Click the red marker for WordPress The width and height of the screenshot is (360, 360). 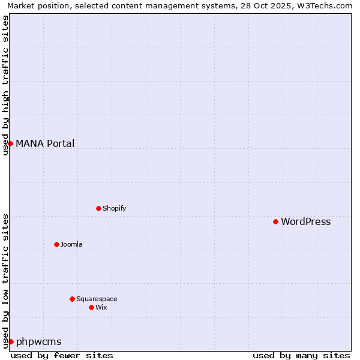point(275,221)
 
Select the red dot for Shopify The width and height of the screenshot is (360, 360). point(98,208)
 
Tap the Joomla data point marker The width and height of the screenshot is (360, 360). point(56,244)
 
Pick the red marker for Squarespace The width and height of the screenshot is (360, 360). point(72,299)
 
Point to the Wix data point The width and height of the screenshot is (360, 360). point(91,307)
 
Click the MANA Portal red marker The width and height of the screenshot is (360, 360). point(10,143)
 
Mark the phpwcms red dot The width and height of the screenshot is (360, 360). point(10,341)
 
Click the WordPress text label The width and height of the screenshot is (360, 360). point(305,222)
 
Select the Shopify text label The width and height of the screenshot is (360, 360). point(114,209)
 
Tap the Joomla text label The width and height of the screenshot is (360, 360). point(71,245)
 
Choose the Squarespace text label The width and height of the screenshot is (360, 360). point(97,299)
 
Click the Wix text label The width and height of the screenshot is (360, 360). point(101,308)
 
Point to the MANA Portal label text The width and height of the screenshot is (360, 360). point(45,144)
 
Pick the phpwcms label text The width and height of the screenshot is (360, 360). point(38,342)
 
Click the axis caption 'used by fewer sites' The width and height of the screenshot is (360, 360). point(62,356)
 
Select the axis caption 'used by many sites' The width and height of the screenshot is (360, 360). point(301,356)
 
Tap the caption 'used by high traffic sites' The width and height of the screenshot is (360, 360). point(5,85)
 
